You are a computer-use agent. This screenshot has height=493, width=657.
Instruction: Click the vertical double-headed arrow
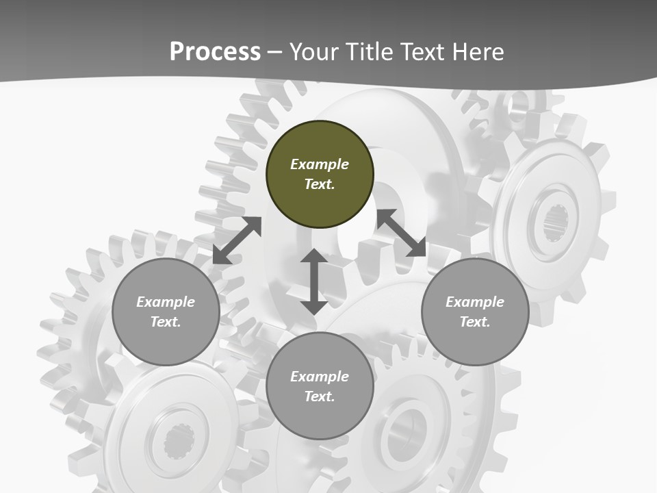(314, 281)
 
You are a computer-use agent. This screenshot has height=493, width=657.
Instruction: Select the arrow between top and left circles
(237, 240)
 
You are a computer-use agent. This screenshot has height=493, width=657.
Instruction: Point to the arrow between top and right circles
(401, 233)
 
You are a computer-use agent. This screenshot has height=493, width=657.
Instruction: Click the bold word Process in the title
(215, 51)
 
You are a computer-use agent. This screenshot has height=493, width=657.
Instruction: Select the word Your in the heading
(313, 51)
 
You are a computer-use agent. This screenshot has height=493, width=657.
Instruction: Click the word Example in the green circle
(320, 164)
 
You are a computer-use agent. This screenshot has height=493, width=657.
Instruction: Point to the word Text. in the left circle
(166, 322)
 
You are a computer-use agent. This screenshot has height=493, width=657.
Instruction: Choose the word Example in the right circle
(475, 302)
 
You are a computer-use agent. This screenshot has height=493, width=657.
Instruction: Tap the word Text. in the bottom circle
(320, 396)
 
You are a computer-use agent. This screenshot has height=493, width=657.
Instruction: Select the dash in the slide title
(274, 52)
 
